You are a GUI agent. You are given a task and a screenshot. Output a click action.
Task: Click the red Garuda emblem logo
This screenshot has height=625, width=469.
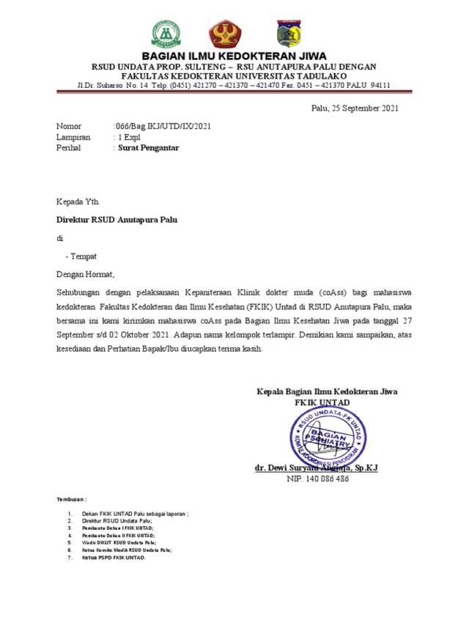[x=225, y=34]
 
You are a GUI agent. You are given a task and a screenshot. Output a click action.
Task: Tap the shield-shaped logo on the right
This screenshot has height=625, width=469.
[x=287, y=34]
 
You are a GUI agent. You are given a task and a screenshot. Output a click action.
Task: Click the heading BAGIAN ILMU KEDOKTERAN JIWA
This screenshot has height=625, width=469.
[x=234, y=56]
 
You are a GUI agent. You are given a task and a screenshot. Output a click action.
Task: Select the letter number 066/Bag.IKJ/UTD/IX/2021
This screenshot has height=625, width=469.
[x=163, y=127]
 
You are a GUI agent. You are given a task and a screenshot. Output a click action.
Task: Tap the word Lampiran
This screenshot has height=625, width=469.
[x=73, y=137]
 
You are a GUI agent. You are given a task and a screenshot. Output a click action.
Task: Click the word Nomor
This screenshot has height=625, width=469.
[x=69, y=127]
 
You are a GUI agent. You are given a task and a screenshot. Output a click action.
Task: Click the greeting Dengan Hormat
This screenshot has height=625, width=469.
[x=86, y=275]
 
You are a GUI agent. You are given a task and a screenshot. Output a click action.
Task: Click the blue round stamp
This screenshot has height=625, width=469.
[x=327, y=439]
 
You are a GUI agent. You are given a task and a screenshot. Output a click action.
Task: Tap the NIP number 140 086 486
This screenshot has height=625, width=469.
[x=317, y=478]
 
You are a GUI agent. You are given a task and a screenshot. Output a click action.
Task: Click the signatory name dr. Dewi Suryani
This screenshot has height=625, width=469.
[x=316, y=467]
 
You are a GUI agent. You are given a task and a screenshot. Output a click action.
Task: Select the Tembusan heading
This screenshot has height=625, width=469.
[x=72, y=499]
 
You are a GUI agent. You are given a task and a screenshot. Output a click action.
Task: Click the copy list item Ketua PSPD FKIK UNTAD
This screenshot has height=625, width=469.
[x=114, y=557]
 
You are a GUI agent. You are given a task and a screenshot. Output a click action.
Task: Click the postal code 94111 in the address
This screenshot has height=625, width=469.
[x=380, y=85]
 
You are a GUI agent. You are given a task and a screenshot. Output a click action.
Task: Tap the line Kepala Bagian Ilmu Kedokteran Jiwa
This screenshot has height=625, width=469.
[x=327, y=392]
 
